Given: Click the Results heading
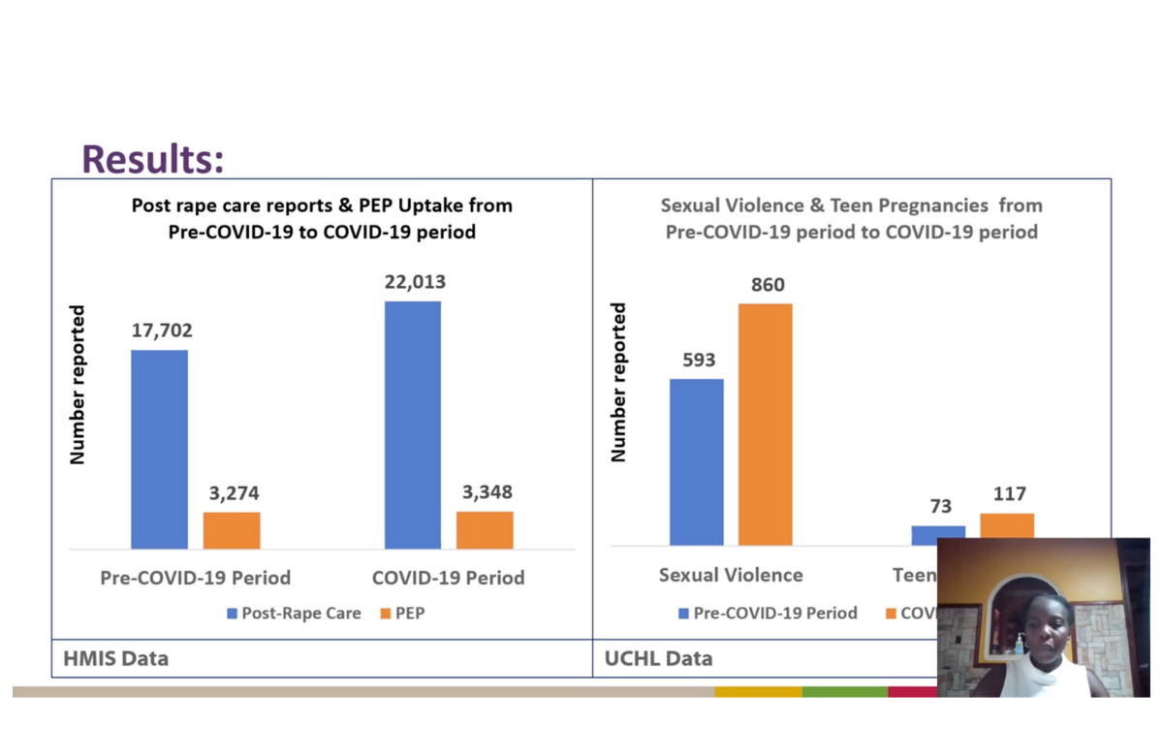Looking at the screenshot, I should click(152, 158).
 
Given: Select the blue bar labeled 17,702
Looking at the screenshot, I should click(159, 449).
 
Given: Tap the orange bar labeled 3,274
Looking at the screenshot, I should click(232, 530).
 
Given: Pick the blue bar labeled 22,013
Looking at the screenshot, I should click(412, 425).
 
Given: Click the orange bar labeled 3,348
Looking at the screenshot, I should click(485, 530).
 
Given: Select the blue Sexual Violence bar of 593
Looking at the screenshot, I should click(696, 461).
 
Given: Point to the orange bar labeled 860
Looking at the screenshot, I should click(766, 424).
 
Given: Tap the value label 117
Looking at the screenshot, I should click(1008, 494).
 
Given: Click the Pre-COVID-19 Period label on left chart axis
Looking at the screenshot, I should click(195, 578).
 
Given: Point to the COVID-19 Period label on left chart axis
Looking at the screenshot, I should click(448, 578).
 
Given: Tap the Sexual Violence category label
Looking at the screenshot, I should click(731, 575).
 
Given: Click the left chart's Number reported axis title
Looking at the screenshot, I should click(79, 385).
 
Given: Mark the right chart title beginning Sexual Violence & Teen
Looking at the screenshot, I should click(851, 219).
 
